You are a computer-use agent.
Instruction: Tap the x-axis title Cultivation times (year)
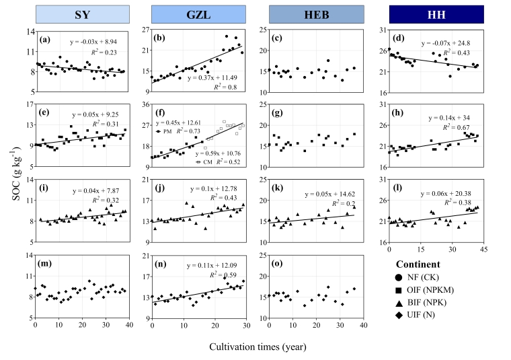pyautogui.click(x=258, y=347)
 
